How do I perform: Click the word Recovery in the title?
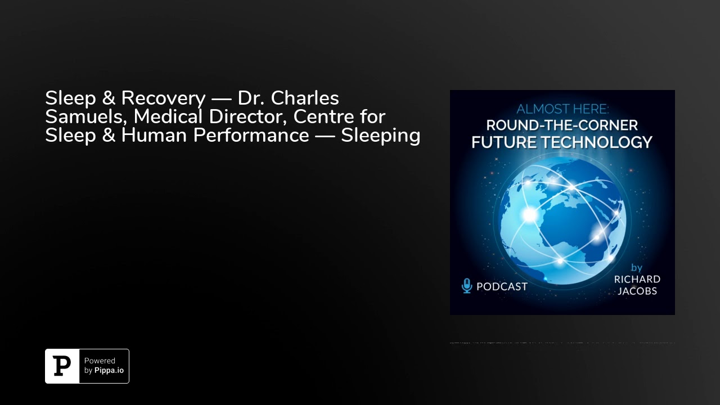click(x=163, y=98)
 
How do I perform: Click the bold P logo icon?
click(x=62, y=366)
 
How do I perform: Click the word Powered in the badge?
click(x=100, y=361)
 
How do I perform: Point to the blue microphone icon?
click(x=467, y=286)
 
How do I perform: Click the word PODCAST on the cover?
click(x=502, y=286)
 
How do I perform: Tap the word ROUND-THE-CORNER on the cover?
click(x=562, y=125)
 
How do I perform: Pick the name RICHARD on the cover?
click(x=637, y=280)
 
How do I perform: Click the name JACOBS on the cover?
click(x=637, y=291)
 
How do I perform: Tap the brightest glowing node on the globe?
click(x=530, y=214)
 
